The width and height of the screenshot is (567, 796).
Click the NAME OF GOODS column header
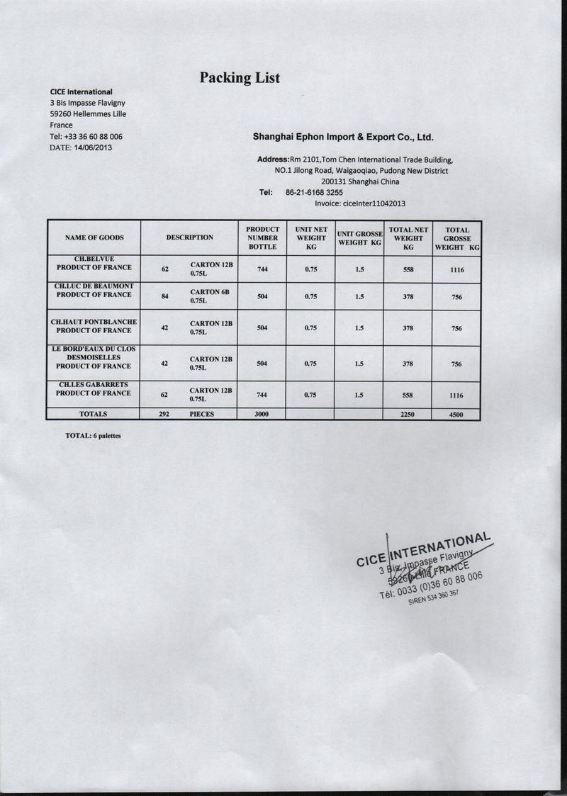pos(94,237)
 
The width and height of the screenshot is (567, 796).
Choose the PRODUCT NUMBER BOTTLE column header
pos(262,237)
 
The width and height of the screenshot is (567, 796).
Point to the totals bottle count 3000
pos(262,414)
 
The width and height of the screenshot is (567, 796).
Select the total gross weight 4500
pos(456,415)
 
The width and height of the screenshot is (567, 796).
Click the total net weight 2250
pos(408,414)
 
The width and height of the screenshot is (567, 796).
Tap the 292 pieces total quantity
pos(164,413)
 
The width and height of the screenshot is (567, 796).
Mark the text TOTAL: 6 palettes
pos(93,436)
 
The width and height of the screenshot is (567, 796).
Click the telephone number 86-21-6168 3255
pos(314,192)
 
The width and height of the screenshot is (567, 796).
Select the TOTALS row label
pos(94,413)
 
